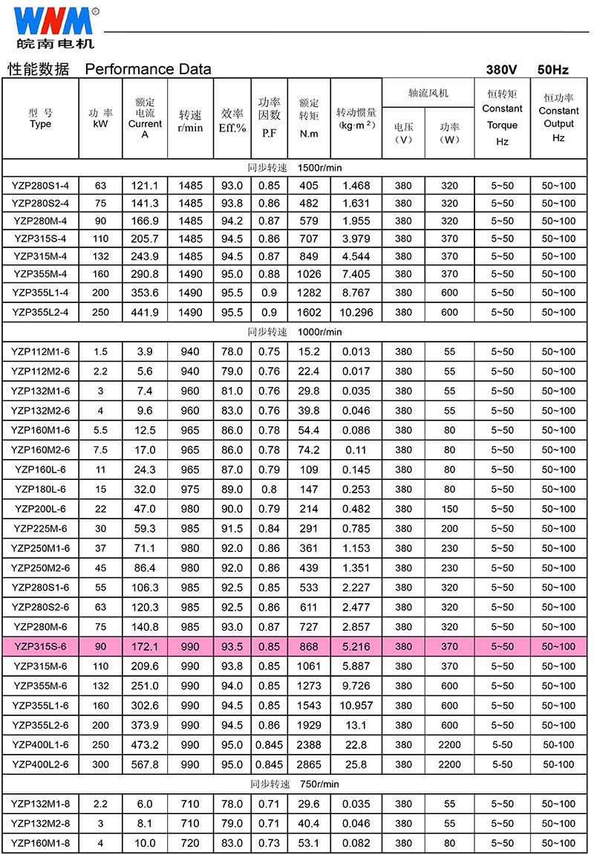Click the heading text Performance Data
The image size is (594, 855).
coord(148,69)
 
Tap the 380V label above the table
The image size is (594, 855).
coord(501,70)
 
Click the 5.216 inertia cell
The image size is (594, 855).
coord(356,646)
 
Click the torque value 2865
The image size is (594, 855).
coord(308,764)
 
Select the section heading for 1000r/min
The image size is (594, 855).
coord(295,331)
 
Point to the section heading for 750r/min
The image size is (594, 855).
coord(295,784)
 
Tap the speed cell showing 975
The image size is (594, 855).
coord(190,489)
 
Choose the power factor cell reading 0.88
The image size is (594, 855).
coord(269,274)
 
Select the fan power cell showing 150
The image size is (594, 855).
coord(449,509)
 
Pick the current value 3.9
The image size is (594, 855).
coord(145,351)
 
